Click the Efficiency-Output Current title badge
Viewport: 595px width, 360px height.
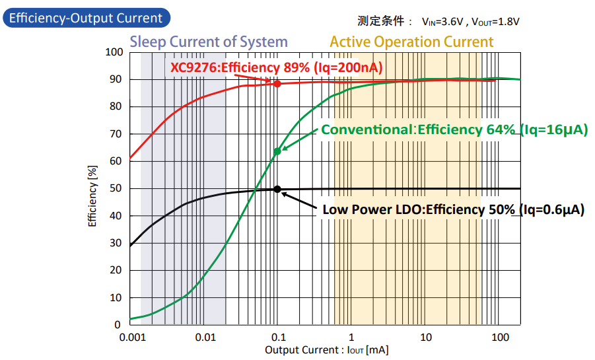86,18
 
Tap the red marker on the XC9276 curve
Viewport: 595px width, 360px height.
277,84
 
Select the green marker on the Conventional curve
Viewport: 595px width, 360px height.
277,151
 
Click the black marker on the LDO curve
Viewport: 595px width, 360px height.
277,189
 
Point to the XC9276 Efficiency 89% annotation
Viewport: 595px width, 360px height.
277,67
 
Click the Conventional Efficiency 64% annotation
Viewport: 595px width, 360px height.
454,129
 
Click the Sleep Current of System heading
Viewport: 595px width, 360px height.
209,42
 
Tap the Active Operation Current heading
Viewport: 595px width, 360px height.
411,42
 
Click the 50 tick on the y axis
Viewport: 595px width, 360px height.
116,188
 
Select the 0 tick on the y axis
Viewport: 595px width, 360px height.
119,324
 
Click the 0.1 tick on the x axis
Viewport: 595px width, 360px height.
277,337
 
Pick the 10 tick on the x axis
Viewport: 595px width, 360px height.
426,337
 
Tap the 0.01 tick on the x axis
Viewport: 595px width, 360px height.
205,337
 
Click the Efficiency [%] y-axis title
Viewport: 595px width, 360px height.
93,198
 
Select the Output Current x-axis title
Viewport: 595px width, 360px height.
326,350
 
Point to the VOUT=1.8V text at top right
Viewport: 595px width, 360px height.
495,21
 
